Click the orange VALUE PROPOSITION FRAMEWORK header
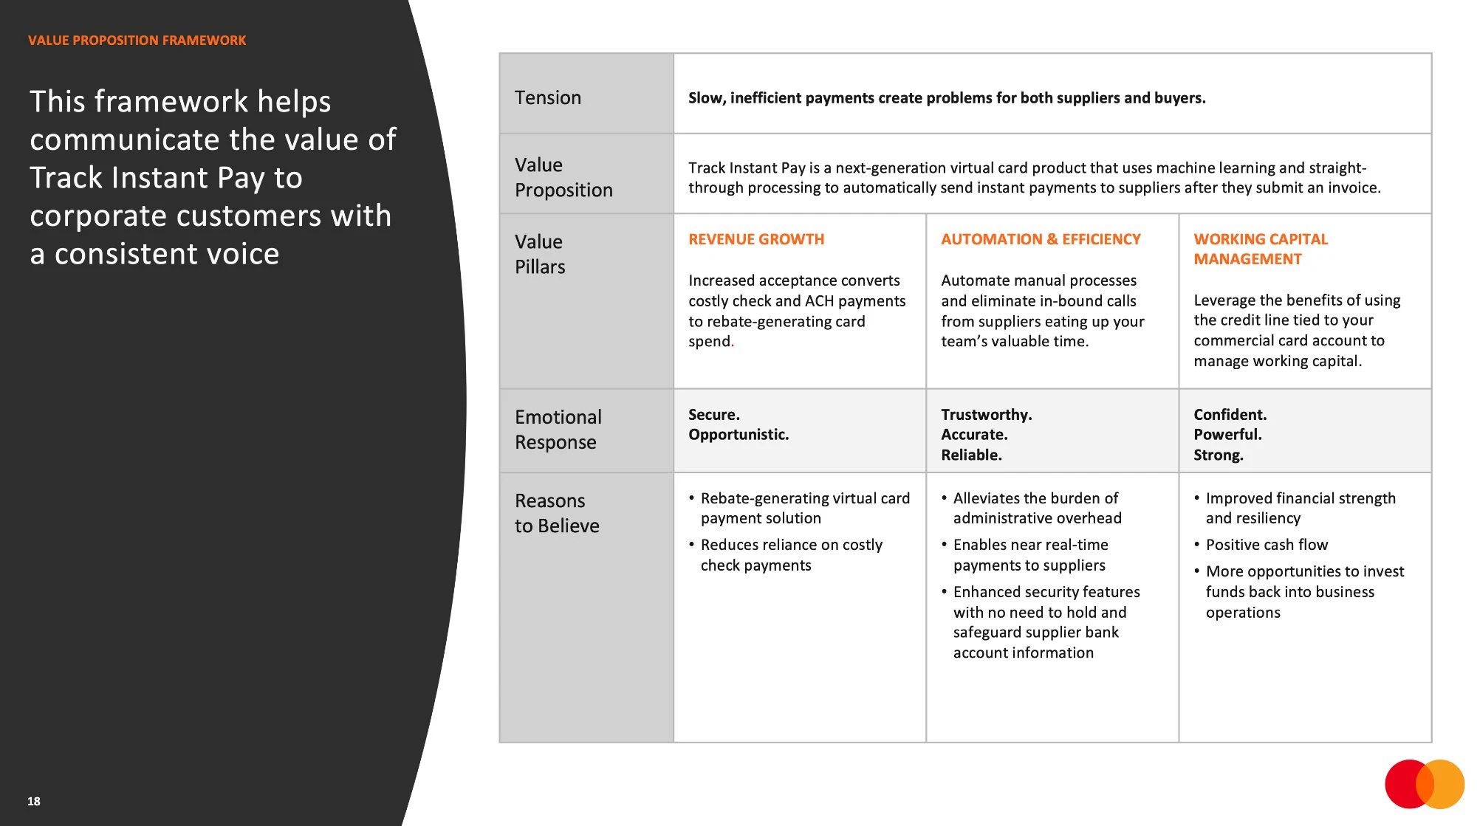click(x=137, y=41)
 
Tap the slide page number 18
click(x=34, y=801)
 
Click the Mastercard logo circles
click(x=1424, y=784)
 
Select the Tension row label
click(x=548, y=97)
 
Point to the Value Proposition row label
click(x=563, y=177)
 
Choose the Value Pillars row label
click(x=540, y=254)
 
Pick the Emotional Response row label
click(x=558, y=430)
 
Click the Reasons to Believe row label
click(x=557, y=513)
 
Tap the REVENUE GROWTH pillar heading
click(x=756, y=239)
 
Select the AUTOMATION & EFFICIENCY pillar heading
click(x=1041, y=239)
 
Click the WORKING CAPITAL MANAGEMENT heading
click(x=1261, y=249)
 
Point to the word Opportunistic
click(x=738, y=435)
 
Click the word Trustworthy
click(x=986, y=415)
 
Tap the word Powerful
click(x=1227, y=435)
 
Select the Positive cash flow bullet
click(x=1267, y=545)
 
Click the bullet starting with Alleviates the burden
click(x=1037, y=508)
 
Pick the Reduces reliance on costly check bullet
click(x=791, y=554)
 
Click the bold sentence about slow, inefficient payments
click(x=947, y=98)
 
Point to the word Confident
click(x=1230, y=415)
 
